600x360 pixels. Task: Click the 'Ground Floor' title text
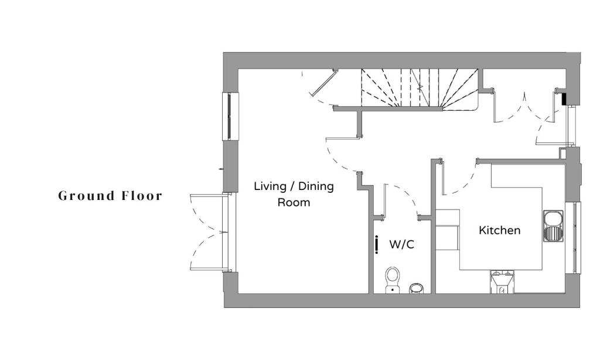[x=110, y=196]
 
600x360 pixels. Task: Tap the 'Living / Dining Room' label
[x=294, y=194]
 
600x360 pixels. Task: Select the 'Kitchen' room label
[x=499, y=230]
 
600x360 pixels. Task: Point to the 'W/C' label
[x=401, y=244]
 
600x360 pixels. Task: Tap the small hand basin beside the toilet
[x=416, y=288]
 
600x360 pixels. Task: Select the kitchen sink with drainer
[x=553, y=226]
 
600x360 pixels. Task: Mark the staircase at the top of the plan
[x=419, y=89]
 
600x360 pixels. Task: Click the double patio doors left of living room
[x=207, y=232]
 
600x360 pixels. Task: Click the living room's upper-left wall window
[x=230, y=116]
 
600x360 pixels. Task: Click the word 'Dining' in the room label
[x=316, y=186]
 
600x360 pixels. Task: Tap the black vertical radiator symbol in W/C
[x=376, y=244]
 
